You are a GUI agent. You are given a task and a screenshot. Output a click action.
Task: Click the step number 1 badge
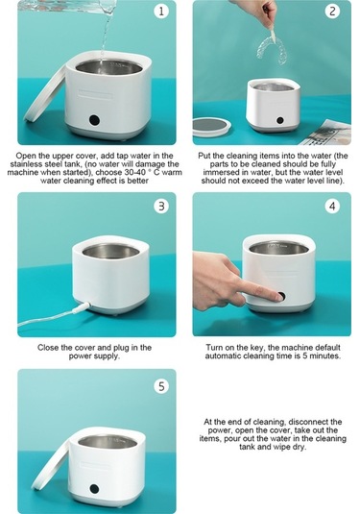(161, 12)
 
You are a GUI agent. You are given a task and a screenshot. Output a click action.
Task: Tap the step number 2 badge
(332, 12)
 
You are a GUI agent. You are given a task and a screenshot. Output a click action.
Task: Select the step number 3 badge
(161, 207)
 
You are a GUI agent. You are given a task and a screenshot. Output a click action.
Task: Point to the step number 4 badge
(332, 207)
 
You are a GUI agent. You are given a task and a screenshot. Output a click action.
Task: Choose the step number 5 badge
(161, 386)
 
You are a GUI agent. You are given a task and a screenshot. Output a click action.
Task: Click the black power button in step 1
(94, 121)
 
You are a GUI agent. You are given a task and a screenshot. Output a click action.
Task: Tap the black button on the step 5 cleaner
(94, 489)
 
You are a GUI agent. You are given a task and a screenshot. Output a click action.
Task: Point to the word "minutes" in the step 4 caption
(324, 356)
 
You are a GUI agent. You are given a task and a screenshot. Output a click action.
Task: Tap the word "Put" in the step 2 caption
(204, 156)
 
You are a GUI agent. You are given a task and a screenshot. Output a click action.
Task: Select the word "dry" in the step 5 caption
(298, 447)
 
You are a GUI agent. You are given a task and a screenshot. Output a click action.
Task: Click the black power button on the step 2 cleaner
(279, 120)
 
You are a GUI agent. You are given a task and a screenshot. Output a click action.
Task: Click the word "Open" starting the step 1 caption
(26, 156)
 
